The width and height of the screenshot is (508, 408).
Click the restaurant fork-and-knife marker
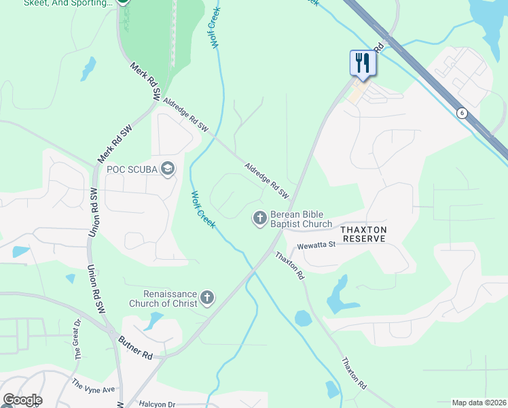pos(361,63)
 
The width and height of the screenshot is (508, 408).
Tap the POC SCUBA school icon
pos(168,169)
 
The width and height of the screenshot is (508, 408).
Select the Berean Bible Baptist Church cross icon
pos(259,218)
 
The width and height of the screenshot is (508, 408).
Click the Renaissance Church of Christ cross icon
pos(207,298)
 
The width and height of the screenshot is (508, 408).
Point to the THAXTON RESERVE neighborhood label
pos(364,234)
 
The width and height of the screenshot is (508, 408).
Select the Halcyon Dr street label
pos(157,404)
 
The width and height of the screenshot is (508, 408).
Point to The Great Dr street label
pos(77,339)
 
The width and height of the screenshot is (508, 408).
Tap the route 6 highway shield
pos(462,113)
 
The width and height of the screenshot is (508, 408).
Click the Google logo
pos(22,400)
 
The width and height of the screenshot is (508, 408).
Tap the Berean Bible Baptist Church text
pos(302,218)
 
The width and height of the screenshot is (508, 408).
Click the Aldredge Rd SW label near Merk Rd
pos(185,114)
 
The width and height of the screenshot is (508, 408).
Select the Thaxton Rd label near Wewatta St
pos(289,266)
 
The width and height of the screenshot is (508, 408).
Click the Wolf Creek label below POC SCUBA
pos(202,209)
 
